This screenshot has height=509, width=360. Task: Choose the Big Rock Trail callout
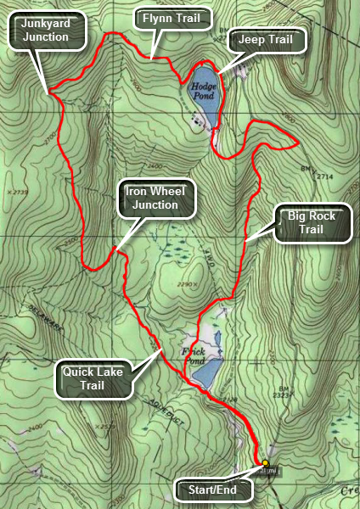click(x=312, y=222)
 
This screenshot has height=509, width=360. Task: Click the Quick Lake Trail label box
click(x=95, y=378)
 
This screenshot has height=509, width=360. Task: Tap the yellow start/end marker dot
click(x=265, y=463)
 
